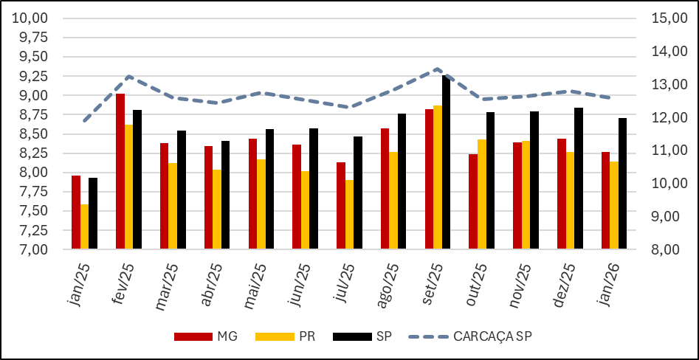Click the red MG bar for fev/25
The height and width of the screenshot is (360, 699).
pyautogui.click(x=120, y=171)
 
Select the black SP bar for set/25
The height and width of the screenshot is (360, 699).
pyautogui.click(x=447, y=162)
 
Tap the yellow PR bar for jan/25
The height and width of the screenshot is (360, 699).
pyautogui.click(x=84, y=226)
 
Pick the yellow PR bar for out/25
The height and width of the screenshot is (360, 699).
pyautogui.click(x=482, y=194)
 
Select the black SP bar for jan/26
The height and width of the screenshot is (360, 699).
pyautogui.click(x=623, y=184)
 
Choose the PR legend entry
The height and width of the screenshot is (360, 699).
pyautogui.click(x=287, y=336)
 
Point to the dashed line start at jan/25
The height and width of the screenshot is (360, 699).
pyautogui.click(x=85, y=121)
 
